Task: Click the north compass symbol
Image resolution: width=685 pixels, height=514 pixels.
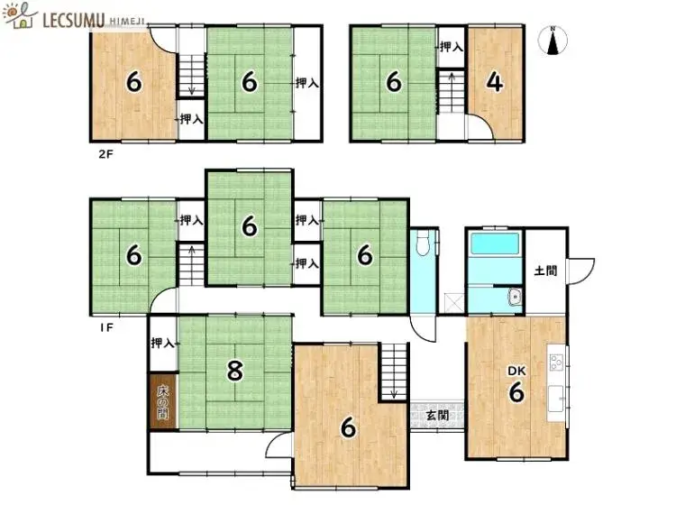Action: pyautogui.click(x=553, y=41)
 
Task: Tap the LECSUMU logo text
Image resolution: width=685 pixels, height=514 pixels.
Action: pyautogui.click(x=73, y=20)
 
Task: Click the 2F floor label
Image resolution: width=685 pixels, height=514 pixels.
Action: pyautogui.click(x=105, y=154)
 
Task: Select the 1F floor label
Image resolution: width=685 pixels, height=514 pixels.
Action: pyautogui.click(x=106, y=327)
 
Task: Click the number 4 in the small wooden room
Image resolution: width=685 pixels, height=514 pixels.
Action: pyautogui.click(x=495, y=82)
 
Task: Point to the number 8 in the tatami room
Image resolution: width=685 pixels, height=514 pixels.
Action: pyautogui.click(x=235, y=372)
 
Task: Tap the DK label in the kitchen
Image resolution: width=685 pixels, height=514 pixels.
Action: pyautogui.click(x=516, y=371)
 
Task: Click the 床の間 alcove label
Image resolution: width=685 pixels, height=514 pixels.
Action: pyautogui.click(x=162, y=402)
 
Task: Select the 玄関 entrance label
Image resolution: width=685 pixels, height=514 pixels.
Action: pyautogui.click(x=437, y=414)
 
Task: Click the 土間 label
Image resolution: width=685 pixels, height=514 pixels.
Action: pyautogui.click(x=545, y=271)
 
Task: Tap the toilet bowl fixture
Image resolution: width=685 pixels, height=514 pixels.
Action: pyautogui.click(x=424, y=244)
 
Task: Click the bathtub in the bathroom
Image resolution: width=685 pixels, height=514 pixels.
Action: pyautogui.click(x=495, y=243)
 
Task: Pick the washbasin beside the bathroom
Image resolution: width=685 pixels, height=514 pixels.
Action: pyautogui.click(x=515, y=298)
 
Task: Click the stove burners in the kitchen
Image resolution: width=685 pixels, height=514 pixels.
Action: pyautogui.click(x=556, y=363)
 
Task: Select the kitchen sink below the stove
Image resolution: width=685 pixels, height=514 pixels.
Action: pyautogui.click(x=556, y=399)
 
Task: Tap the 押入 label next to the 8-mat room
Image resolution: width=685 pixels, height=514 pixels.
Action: pyautogui.click(x=162, y=343)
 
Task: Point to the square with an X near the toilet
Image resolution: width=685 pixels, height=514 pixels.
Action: pyautogui.click(x=454, y=303)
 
